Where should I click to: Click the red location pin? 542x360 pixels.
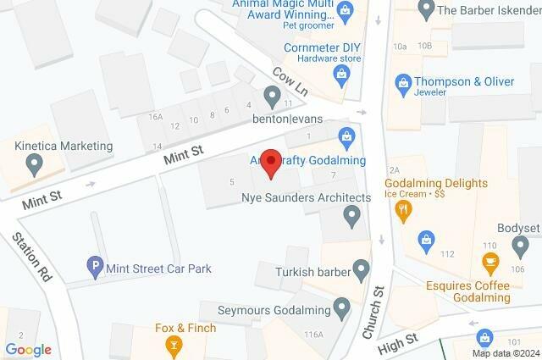tap(270, 162)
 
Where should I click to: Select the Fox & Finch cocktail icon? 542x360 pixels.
tap(174, 344)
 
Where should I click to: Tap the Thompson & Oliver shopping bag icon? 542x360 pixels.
tap(403, 83)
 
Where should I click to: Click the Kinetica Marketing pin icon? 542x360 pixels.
tap(35, 166)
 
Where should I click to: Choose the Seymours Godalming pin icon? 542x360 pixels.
tap(342, 308)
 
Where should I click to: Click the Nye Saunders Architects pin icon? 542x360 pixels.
tap(353, 218)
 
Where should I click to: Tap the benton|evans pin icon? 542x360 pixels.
tap(272, 98)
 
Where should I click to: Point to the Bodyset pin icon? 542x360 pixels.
tap(520, 246)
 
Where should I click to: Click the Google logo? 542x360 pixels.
tap(28, 350)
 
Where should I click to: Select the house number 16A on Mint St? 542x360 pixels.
tap(154, 117)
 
